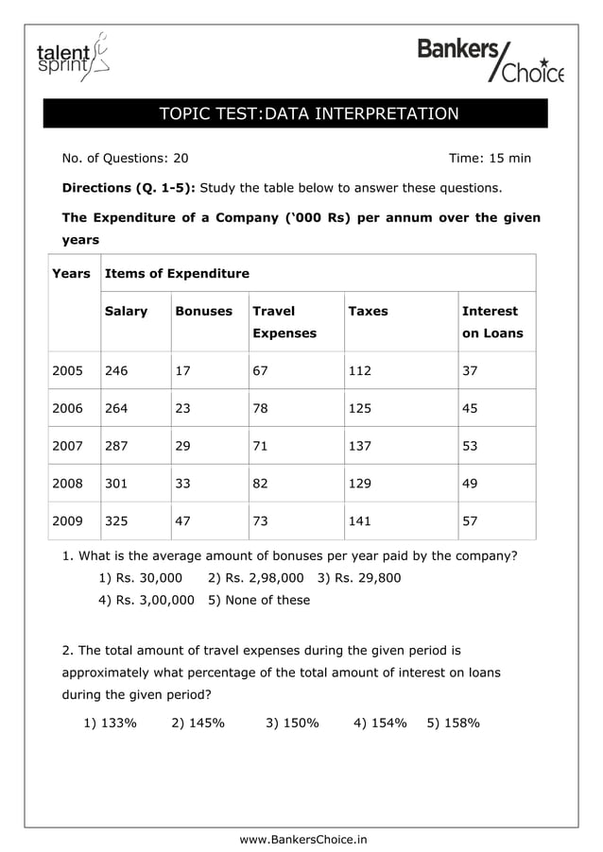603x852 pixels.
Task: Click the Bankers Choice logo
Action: coord(490,60)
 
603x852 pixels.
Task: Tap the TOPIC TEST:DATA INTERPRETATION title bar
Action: coord(309,114)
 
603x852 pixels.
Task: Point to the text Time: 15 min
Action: coord(490,158)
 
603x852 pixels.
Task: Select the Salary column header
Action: coord(126,311)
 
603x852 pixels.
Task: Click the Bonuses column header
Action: coord(203,311)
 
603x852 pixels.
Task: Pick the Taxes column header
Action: coord(368,311)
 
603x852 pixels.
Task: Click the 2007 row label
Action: coord(67,445)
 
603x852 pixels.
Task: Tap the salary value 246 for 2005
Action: coord(116,371)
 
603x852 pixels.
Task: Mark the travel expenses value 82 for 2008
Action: coord(260,483)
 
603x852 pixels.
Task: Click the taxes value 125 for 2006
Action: coord(360,408)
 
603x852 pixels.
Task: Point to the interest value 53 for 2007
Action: coord(469,445)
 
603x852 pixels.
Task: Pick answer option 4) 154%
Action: coord(380,723)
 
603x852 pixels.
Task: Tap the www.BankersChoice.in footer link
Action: coord(303,839)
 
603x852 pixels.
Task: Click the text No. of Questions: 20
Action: coord(125,158)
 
